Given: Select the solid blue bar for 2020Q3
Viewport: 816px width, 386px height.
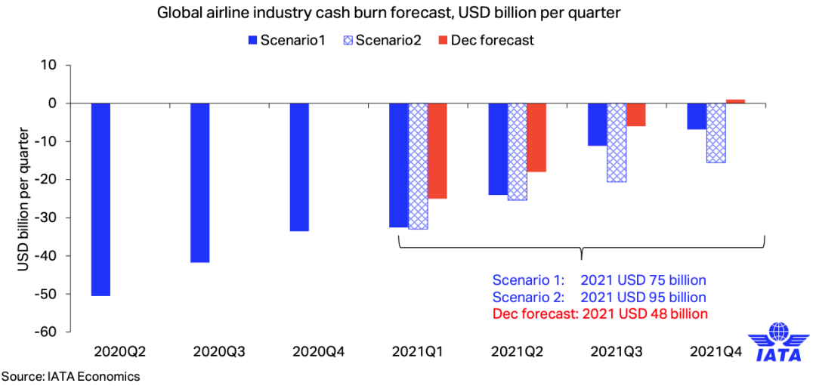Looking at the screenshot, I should pyautogui.click(x=199, y=182).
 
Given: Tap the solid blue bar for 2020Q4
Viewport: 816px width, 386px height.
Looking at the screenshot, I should pyautogui.click(x=299, y=166).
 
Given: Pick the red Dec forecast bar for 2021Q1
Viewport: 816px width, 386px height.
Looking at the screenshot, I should pyautogui.click(x=437, y=150).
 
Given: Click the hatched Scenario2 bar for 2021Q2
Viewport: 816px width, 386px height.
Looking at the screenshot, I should pyautogui.click(x=518, y=151).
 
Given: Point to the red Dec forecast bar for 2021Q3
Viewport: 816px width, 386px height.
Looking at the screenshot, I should pyautogui.click(x=636, y=114).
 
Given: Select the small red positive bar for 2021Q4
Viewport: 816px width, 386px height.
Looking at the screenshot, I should pyautogui.click(x=735, y=100).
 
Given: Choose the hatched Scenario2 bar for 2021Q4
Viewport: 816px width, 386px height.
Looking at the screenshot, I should pyautogui.click(x=716, y=132).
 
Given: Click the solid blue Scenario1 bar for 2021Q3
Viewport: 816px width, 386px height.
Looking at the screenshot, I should pyautogui.click(x=597, y=124).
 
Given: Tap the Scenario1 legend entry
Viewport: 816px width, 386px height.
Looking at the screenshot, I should pyautogui.click(x=285, y=40).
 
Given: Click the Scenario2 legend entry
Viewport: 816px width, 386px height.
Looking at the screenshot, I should pyautogui.click(x=382, y=40).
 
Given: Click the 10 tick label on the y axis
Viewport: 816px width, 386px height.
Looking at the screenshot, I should pyautogui.click(x=49, y=65).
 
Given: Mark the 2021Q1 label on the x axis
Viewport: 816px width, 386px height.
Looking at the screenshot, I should pyautogui.click(x=418, y=351).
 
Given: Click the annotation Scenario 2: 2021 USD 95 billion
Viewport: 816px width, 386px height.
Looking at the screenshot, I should pyautogui.click(x=599, y=297).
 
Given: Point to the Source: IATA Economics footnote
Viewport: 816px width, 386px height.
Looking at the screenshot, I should pyautogui.click(x=70, y=375).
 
